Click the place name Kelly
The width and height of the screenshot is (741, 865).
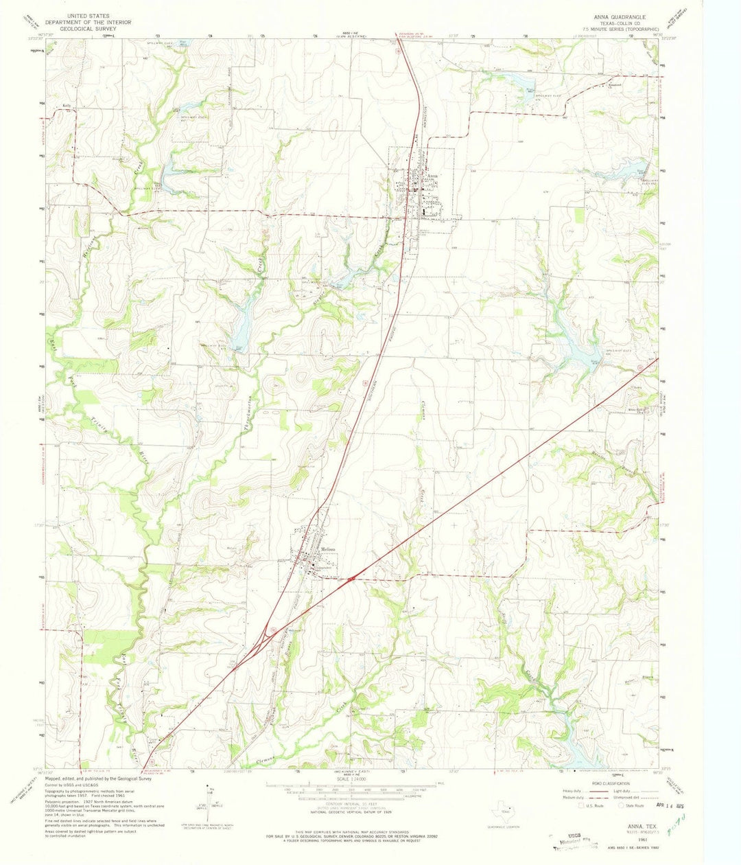[67, 105]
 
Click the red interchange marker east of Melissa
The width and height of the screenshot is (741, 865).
[351, 579]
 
